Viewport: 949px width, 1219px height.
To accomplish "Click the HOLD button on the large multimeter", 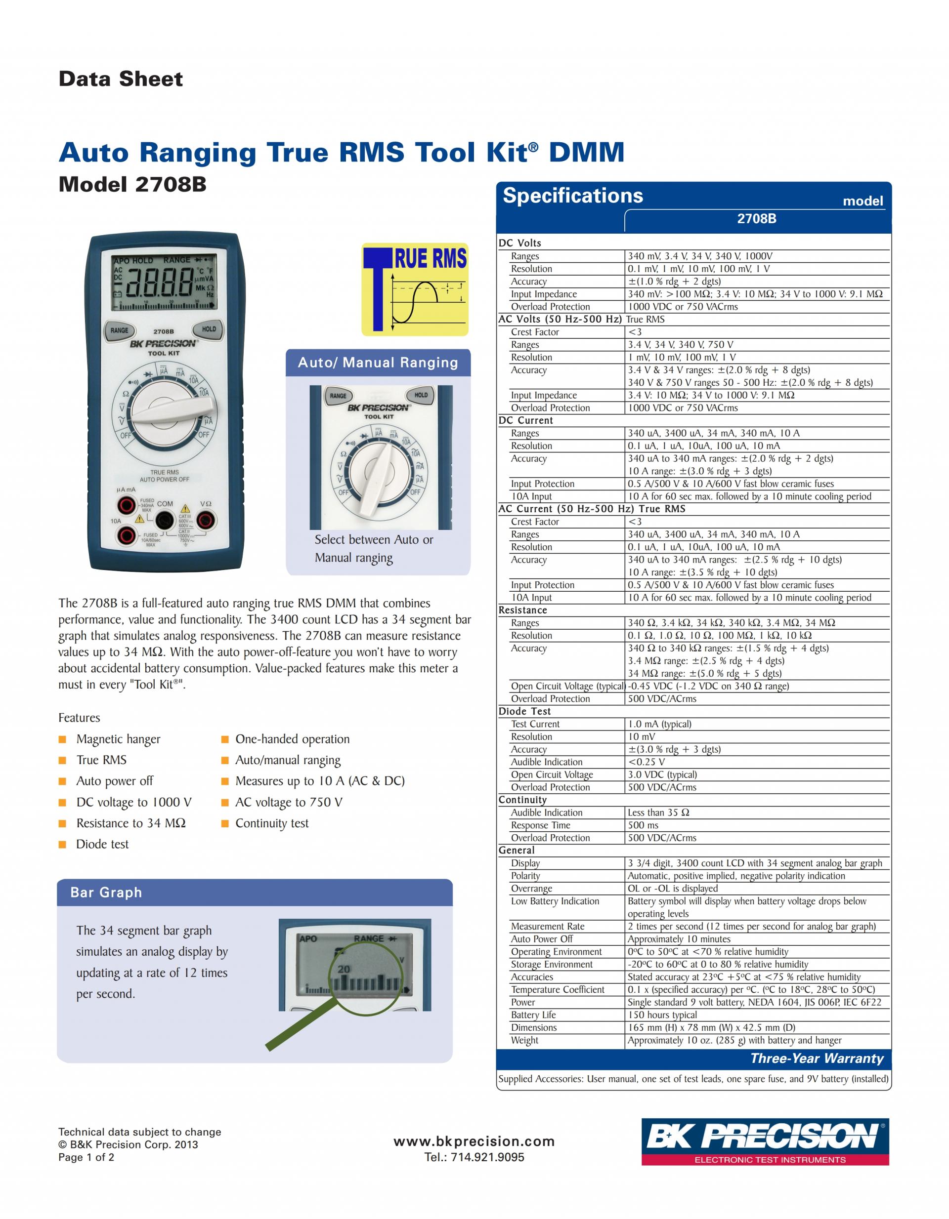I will coord(209,329).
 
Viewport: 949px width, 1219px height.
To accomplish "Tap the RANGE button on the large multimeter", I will coord(119,330).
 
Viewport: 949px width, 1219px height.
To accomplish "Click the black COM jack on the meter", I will coord(164,521).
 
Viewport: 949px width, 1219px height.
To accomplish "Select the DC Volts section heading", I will coord(519,243).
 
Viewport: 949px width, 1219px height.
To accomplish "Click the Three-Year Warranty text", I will coord(817,1058).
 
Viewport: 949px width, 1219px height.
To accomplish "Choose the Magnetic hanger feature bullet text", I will coord(118,739).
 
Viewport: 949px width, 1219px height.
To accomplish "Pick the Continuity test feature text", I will coord(271,823).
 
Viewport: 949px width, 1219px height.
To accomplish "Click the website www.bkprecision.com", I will coord(474,1141).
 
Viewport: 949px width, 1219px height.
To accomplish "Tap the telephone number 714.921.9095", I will coord(474,1157).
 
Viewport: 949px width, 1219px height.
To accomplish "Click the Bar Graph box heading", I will coord(106,893).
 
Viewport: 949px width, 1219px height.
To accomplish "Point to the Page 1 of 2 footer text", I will coord(86,1157).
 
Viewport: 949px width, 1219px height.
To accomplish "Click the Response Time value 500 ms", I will coord(643,825).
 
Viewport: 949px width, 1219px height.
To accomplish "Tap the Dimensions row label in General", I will coord(533,1027).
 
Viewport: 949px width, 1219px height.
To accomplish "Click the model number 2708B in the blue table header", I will coord(756,219).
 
